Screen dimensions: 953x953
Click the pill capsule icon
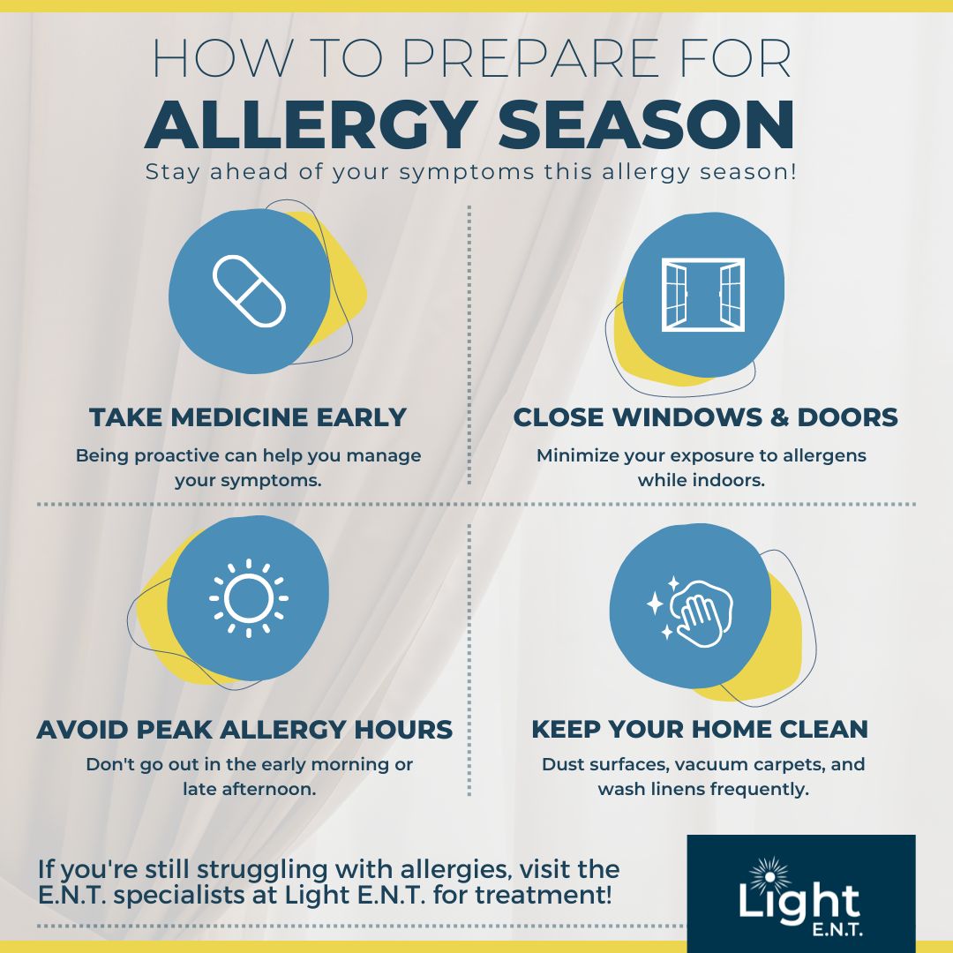point(249,292)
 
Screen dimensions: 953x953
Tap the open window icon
point(703,295)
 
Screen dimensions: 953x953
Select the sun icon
point(249,598)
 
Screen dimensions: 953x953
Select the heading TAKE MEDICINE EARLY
point(248,417)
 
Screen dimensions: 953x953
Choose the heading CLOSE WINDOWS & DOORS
point(705,417)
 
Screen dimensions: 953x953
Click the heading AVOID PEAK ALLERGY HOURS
point(245,730)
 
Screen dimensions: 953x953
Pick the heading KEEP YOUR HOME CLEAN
point(700,730)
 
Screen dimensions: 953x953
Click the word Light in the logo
point(799,902)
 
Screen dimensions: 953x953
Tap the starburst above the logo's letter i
point(769,876)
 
